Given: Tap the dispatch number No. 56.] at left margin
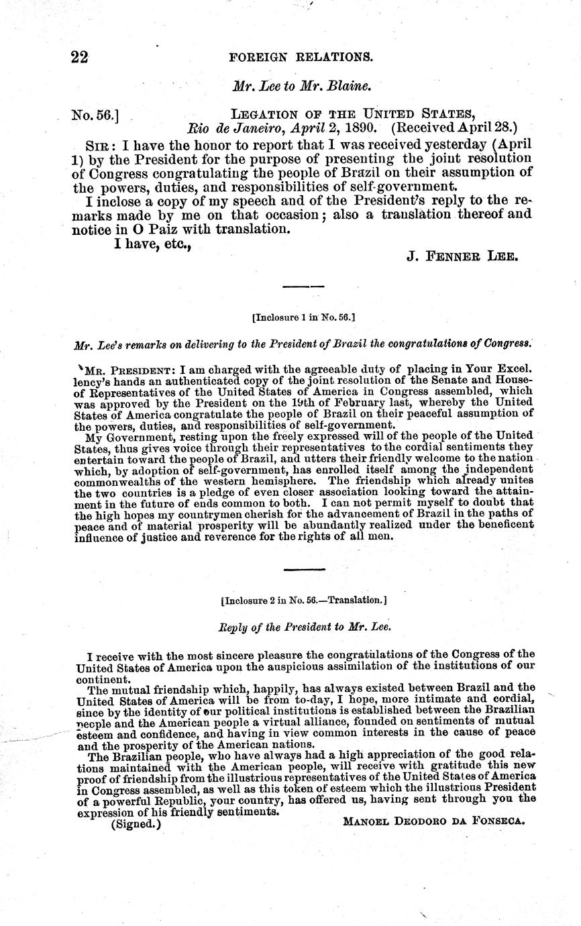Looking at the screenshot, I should coord(95,115).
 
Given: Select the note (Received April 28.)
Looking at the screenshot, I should coord(454,127).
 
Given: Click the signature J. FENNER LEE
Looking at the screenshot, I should coord(462,256).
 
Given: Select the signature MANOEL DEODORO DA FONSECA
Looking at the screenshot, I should coord(433,821).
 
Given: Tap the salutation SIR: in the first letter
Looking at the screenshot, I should coord(100,146).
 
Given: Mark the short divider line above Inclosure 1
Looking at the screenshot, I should coord(303,287).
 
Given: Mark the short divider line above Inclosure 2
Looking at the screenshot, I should coord(303,570).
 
